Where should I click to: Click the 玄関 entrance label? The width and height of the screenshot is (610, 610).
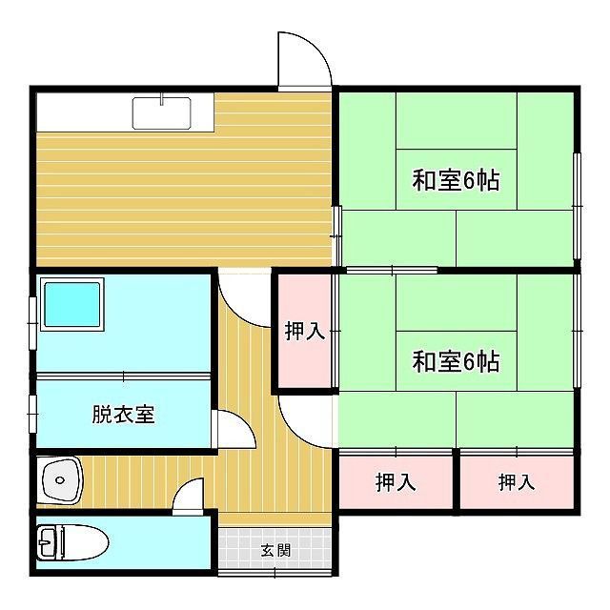[275, 550]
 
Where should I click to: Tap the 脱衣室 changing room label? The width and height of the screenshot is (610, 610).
[123, 415]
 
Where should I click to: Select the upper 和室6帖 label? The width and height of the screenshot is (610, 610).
[456, 180]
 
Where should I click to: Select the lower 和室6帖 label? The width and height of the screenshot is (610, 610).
[456, 361]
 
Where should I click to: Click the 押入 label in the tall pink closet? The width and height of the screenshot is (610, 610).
[305, 331]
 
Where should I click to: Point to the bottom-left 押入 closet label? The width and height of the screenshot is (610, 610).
[396, 482]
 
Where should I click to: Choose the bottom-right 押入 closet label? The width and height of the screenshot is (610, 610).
[517, 482]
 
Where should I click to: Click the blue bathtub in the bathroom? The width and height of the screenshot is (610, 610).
[72, 304]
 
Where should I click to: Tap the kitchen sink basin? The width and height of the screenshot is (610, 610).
[161, 113]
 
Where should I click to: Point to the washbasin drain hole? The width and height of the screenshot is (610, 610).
[59, 480]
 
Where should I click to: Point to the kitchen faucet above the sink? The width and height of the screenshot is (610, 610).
[161, 99]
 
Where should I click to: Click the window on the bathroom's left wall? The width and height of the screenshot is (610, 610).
[33, 323]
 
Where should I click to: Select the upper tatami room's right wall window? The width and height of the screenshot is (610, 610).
[578, 206]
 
